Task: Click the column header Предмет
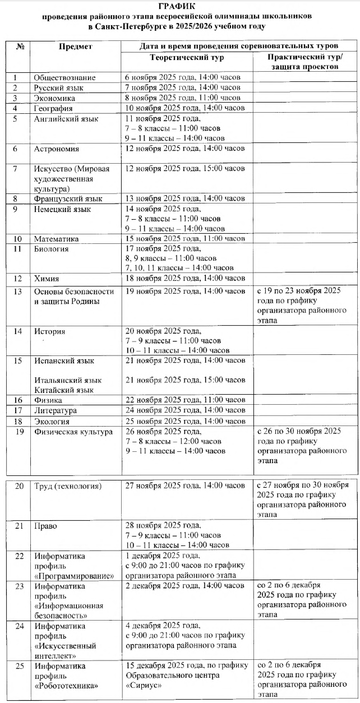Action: [x=76, y=47]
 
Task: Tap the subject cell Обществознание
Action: [x=64, y=77]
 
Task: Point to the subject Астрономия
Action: [x=57, y=149]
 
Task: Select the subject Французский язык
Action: [x=68, y=198]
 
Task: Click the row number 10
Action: [x=18, y=239]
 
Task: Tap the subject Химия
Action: [x=47, y=279]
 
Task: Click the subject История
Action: [x=49, y=331]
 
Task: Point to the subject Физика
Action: [x=48, y=400]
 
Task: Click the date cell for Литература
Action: [x=184, y=410]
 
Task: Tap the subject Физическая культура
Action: [x=73, y=432]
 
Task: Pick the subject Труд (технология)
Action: [x=68, y=486]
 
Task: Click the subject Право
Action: [x=45, y=526]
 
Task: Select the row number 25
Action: [x=19, y=666]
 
